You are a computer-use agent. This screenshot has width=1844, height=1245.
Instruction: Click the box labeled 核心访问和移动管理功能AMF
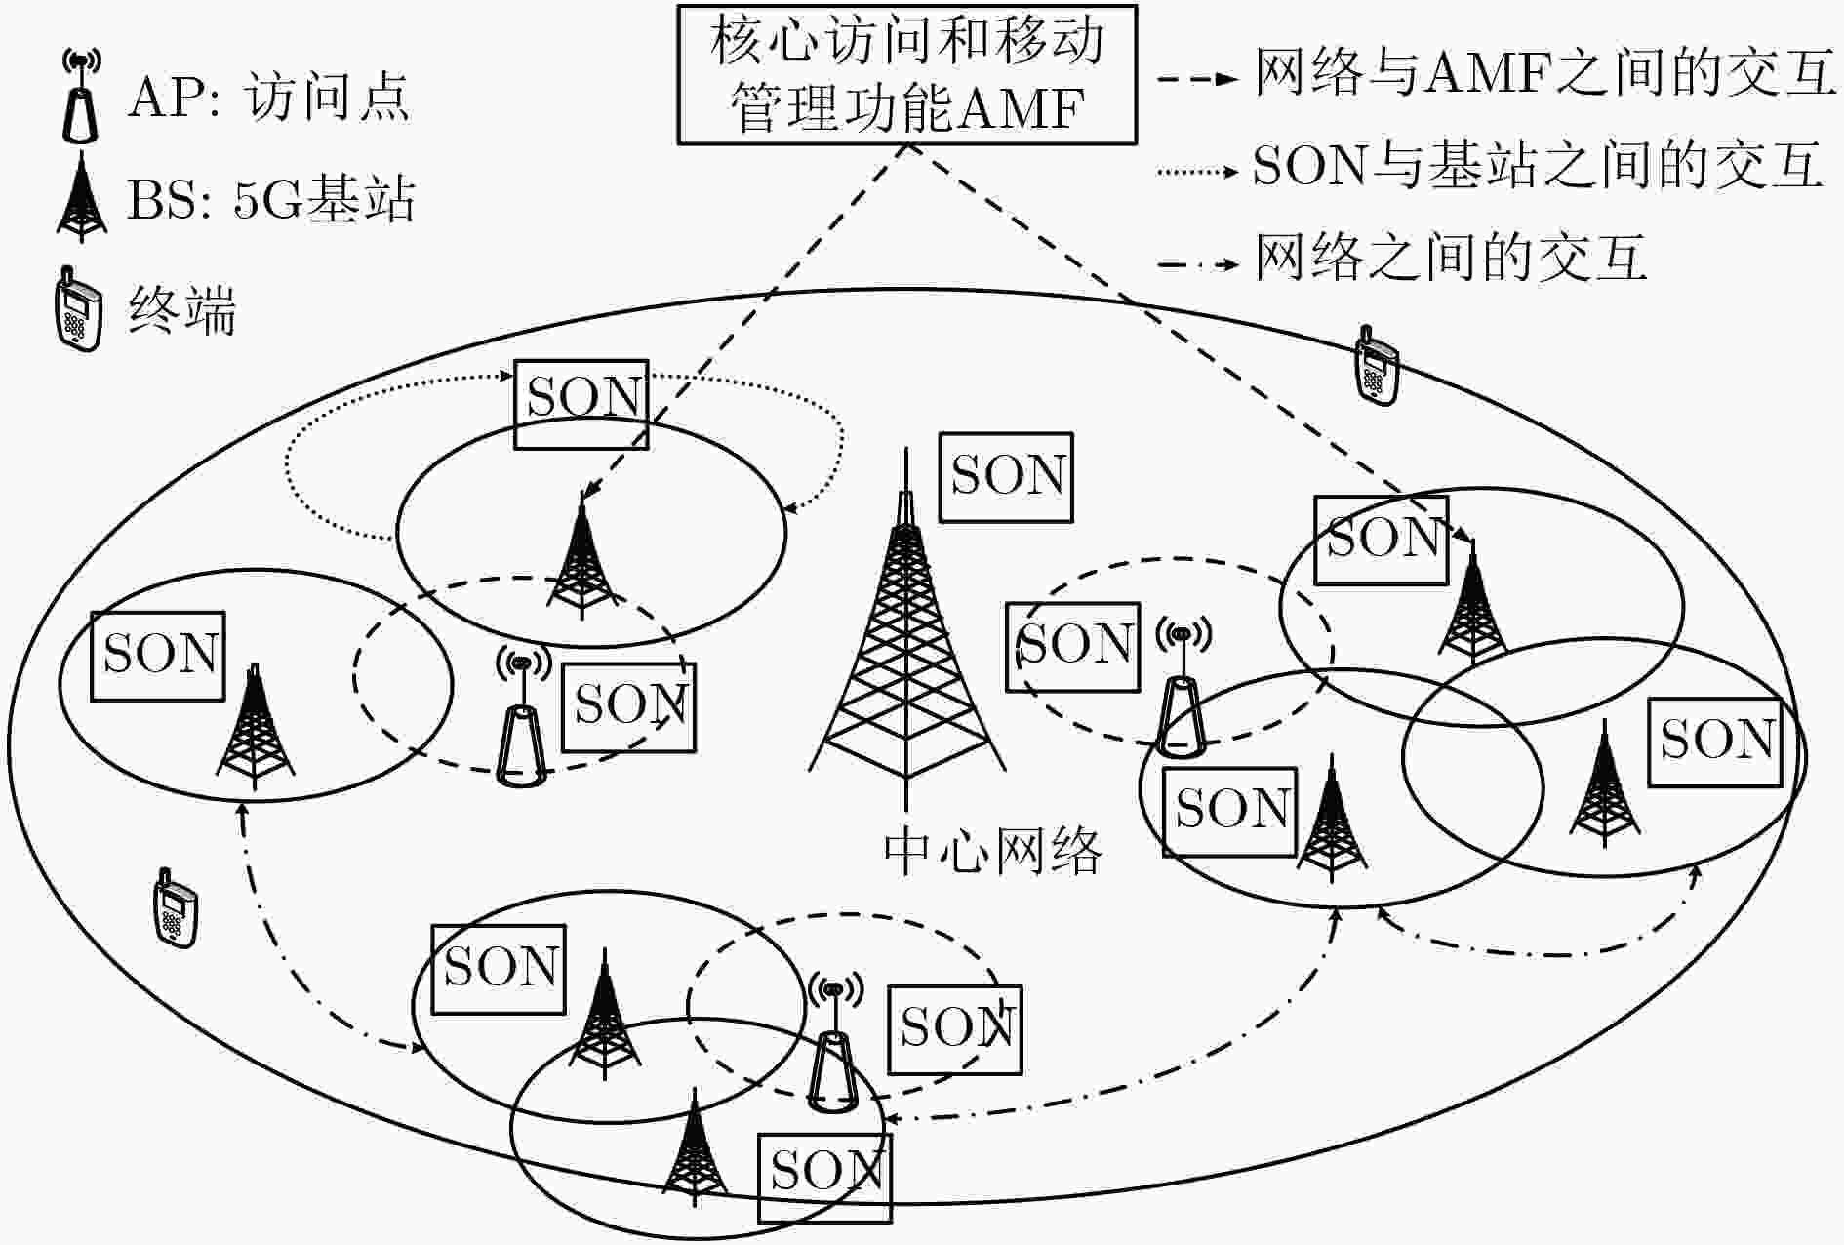(x=906, y=75)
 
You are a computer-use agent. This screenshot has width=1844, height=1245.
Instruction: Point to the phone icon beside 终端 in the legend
(x=78, y=308)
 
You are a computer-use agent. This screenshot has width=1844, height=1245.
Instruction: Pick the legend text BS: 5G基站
(x=271, y=199)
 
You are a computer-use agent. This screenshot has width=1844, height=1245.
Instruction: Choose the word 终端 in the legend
(x=182, y=312)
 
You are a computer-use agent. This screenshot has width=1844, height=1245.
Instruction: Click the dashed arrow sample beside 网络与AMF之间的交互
(x=1198, y=78)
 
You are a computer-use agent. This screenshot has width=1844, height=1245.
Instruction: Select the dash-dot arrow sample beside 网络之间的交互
(x=1198, y=263)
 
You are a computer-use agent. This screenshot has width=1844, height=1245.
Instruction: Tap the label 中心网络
(x=992, y=852)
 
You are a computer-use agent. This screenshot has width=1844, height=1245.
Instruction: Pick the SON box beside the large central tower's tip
(x=1006, y=477)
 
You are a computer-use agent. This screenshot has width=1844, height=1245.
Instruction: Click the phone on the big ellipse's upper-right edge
(x=1377, y=365)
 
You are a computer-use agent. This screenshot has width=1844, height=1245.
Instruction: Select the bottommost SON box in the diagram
(x=825, y=1178)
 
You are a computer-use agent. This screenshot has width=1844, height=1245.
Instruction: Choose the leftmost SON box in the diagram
(x=158, y=657)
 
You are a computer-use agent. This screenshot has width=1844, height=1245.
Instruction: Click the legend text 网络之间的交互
(x=1451, y=260)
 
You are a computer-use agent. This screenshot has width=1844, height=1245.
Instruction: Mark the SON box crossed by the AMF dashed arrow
(x=581, y=405)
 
